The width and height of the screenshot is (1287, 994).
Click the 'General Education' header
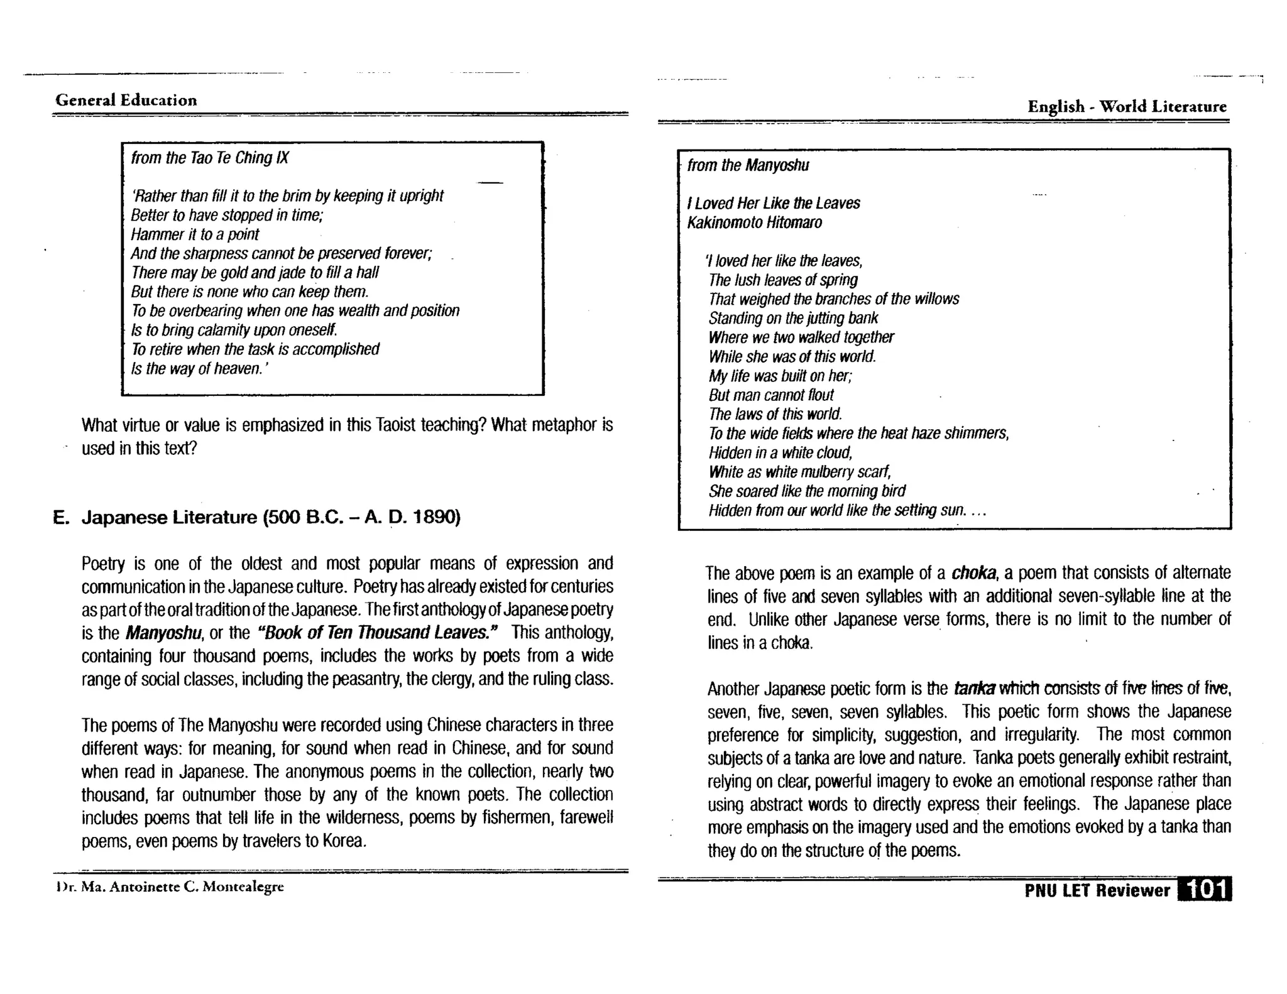(126, 100)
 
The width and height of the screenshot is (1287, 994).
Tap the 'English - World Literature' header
(1126, 106)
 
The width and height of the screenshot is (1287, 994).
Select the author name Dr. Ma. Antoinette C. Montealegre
(170, 887)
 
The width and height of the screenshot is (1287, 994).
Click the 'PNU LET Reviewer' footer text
(1097, 890)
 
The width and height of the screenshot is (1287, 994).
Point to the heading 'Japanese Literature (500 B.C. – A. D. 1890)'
(271, 517)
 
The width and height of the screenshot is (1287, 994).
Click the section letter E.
(60, 518)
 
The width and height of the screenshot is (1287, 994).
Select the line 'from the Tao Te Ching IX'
(209, 158)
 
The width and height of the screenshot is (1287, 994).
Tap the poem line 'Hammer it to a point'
(195, 234)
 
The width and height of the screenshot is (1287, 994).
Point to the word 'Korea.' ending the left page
(344, 841)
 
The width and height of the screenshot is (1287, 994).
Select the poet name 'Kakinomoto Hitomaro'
(754, 222)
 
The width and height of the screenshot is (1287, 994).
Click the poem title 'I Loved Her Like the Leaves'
(773, 203)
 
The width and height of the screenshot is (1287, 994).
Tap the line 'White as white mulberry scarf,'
(799, 472)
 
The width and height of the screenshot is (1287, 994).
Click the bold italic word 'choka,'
(974, 573)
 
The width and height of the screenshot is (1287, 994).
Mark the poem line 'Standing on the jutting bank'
(793, 318)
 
